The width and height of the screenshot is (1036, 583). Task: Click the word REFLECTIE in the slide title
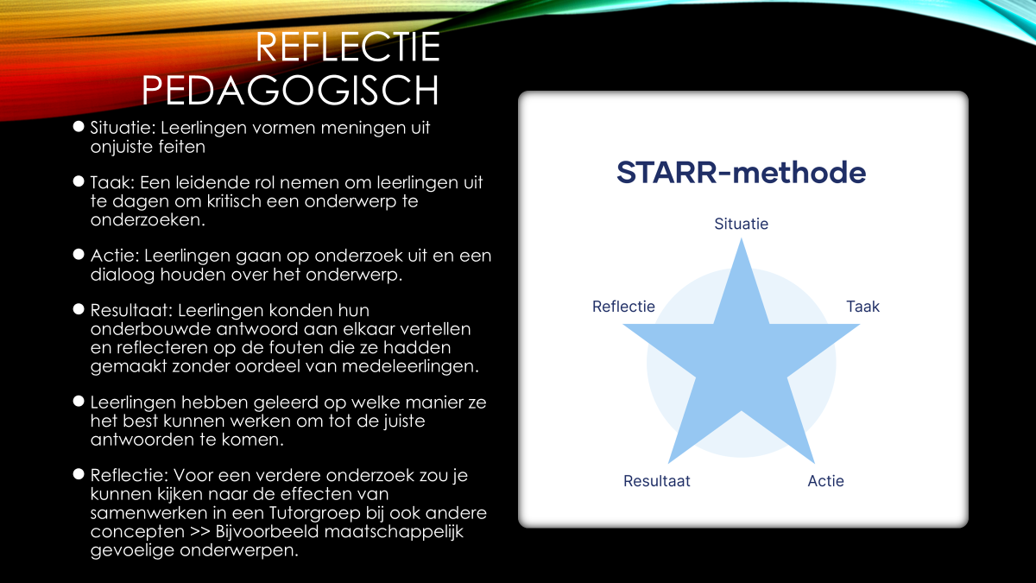pyautogui.click(x=348, y=47)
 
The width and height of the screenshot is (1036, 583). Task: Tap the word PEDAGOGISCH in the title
pyautogui.click(x=290, y=90)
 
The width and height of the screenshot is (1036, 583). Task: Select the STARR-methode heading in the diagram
pyautogui.click(x=741, y=172)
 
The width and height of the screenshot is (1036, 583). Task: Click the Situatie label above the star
pyautogui.click(x=741, y=224)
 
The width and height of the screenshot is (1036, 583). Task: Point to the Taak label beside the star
pyautogui.click(x=863, y=307)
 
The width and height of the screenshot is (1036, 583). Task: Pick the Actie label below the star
pyautogui.click(x=825, y=481)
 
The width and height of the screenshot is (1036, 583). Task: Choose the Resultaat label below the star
pyautogui.click(x=657, y=481)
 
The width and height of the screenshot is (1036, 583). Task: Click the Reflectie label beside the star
pyautogui.click(x=623, y=307)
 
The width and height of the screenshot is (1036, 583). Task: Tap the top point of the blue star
pyautogui.click(x=742, y=238)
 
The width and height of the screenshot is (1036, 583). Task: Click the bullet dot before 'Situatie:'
pyautogui.click(x=79, y=126)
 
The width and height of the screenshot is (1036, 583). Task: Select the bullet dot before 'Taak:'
pyautogui.click(x=79, y=181)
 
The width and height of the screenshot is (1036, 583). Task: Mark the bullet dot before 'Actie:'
pyautogui.click(x=79, y=254)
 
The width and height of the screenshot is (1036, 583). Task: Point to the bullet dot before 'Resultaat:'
pyautogui.click(x=79, y=308)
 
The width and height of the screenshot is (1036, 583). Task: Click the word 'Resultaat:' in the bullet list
pyautogui.click(x=131, y=310)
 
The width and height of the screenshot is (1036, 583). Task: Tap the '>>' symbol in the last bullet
pyautogui.click(x=200, y=532)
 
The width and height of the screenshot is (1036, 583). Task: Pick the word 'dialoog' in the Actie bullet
pyautogui.click(x=123, y=275)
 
